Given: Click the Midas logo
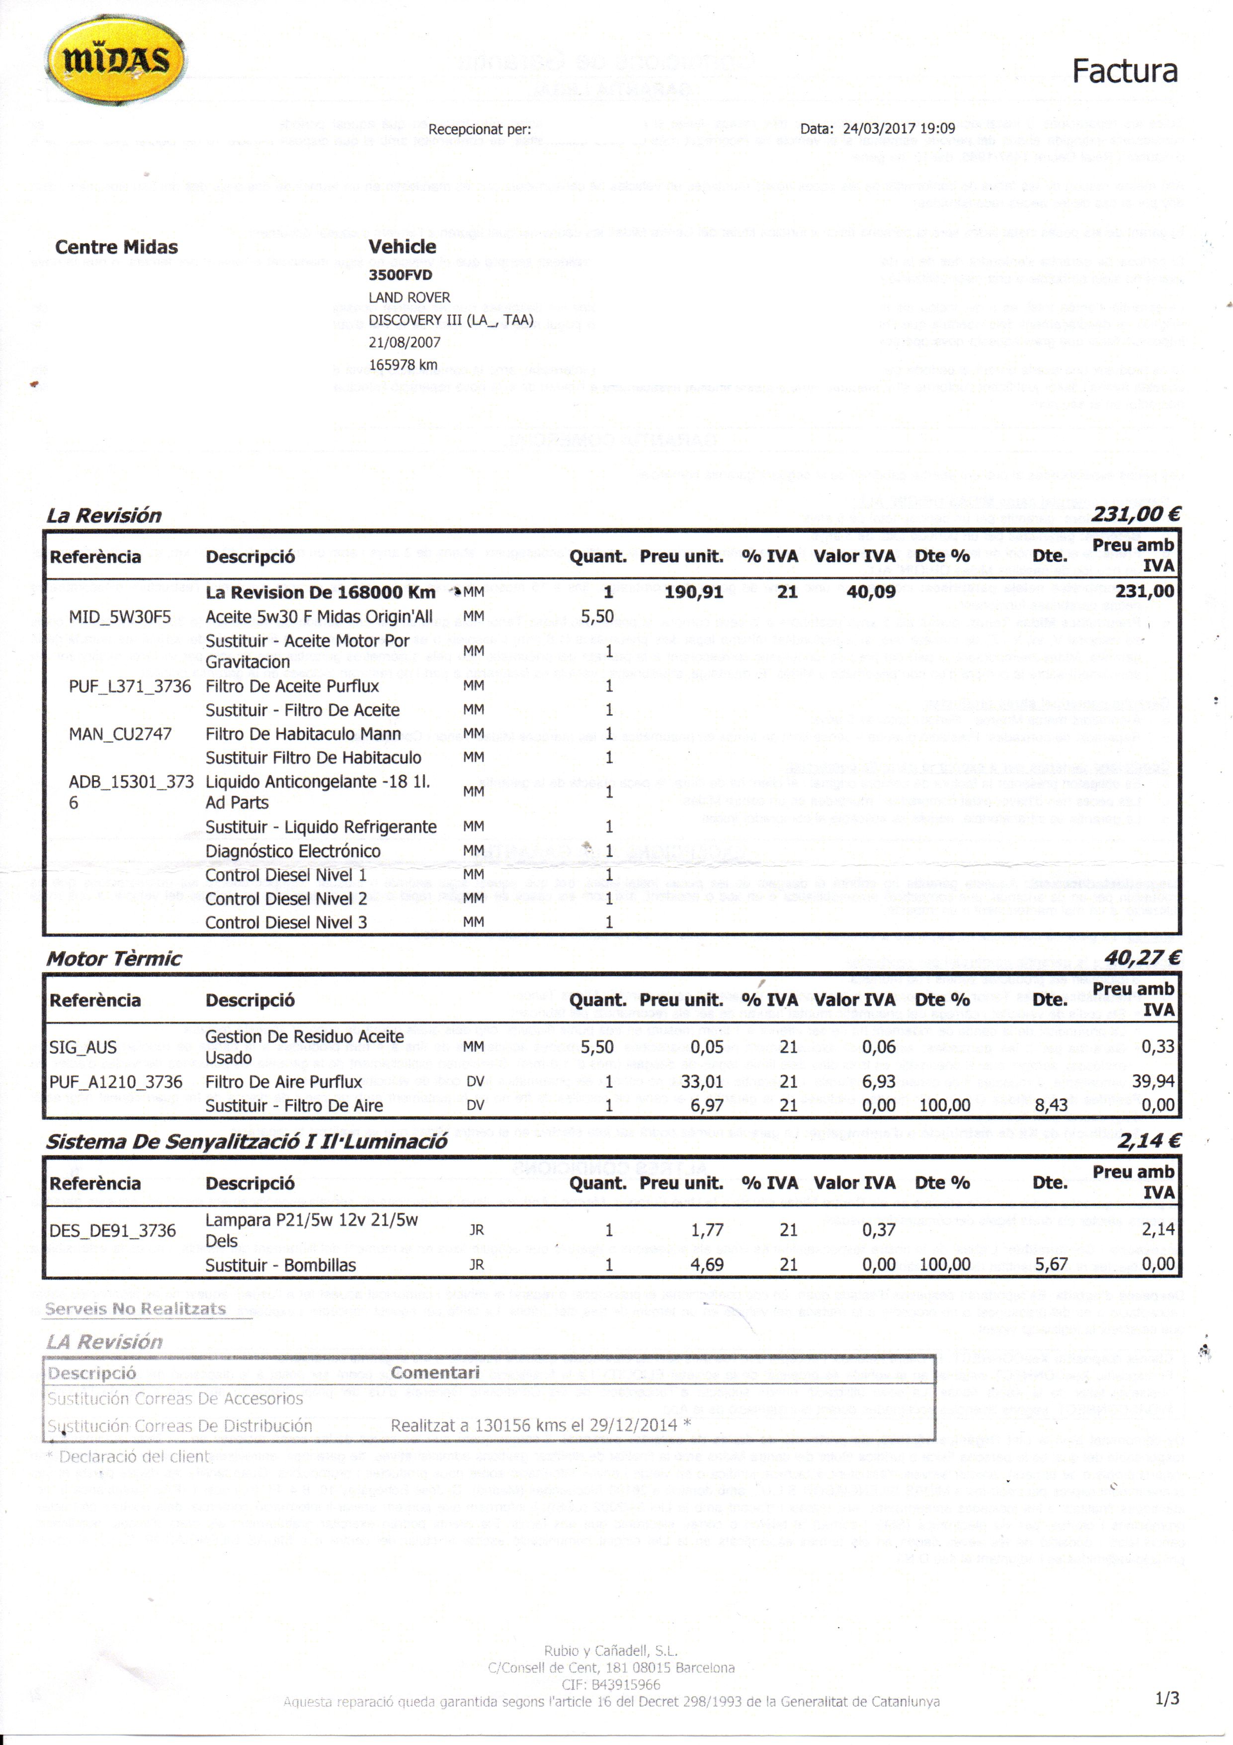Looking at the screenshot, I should pos(115,59).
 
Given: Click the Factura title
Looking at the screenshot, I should pos(1124,72).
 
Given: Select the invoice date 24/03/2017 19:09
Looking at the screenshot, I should pos(898,128).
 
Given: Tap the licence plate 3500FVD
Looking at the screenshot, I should pos(401,275).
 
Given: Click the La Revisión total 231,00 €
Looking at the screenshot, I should pos(1135,515).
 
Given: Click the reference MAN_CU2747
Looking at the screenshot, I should pos(120,734).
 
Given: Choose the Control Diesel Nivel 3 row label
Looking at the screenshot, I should pos(286,922).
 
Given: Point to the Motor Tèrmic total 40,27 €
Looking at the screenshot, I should pos(1141,958).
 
